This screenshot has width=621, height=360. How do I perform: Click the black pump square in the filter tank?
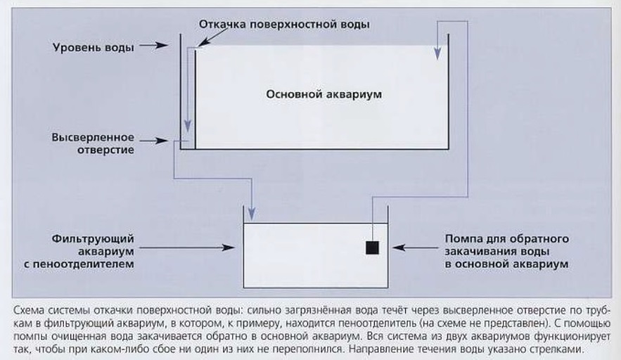(x=372, y=248)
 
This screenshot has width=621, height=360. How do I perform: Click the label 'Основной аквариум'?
(x=324, y=95)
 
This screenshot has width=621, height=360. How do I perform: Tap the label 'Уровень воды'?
(x=94, y=48)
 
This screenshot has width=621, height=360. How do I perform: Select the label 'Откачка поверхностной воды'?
(x=284, y=24)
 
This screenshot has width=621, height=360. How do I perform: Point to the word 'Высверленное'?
(x=93, y=137)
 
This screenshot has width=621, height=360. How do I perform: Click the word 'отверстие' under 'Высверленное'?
(x=105, y=150)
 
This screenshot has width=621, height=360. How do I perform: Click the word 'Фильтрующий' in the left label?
(x=93, y=239)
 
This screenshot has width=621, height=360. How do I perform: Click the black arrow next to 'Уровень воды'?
(x=153, y=45)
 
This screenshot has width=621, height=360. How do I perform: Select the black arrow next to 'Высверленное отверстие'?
(x=154, y=141)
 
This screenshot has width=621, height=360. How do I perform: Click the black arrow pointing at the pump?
(x=416, y=248)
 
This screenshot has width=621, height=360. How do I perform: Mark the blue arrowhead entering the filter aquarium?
(x=252, y=214)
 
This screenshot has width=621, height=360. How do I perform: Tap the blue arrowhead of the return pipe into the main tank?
(x=437, y=53)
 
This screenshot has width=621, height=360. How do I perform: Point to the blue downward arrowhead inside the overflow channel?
(x=188, y=126)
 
